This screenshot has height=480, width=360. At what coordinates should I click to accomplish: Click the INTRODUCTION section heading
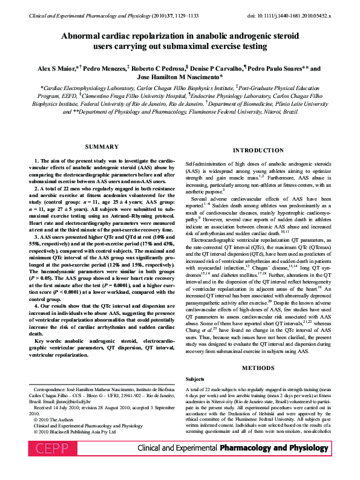pyautogui.click(x=258, y=150)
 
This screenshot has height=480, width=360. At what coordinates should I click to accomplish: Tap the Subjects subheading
pyautogui.click(x=195, y=379)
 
